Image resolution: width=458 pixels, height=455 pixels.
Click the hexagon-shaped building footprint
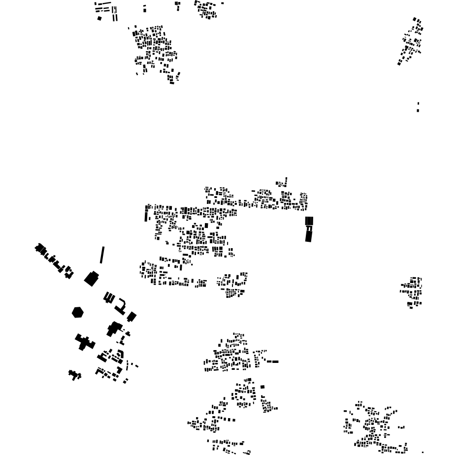[77, 312]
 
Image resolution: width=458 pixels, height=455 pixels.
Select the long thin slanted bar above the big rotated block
[102, 255]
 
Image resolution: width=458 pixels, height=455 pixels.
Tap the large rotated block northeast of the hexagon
[91, 279]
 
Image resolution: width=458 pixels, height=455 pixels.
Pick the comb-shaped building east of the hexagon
[109, 297]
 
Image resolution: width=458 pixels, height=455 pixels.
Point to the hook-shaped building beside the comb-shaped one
[120, 307]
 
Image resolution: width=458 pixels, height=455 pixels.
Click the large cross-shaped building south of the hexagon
[84, 342]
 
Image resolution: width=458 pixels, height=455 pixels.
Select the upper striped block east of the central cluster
[309, 221]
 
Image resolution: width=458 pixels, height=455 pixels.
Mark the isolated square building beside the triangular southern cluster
[262, 387]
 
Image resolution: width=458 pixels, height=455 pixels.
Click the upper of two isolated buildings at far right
[418, 104]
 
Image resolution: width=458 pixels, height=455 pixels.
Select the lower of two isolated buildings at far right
[418, 110]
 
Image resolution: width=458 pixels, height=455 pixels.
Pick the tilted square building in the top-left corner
[99, 19]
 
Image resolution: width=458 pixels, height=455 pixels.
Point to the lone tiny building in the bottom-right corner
[423, 452]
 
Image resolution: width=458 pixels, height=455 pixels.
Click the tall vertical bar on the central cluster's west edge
[146, 215]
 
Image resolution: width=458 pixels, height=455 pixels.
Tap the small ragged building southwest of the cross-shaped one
[75, 375]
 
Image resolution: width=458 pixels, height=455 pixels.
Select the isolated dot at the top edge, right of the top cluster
[222, 3]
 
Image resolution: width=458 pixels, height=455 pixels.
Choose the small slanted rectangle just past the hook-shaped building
[131, 317]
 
